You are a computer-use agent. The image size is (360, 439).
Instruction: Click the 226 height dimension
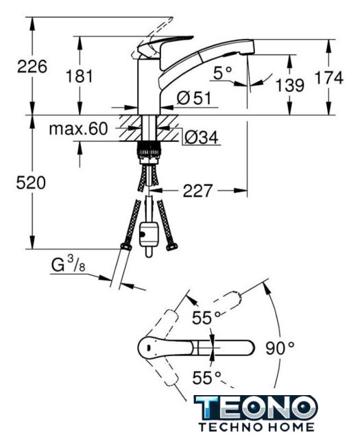click(32, 67)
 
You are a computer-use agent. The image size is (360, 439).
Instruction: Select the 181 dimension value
click(79, 76)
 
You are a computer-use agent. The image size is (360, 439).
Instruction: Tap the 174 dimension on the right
click(329, 78)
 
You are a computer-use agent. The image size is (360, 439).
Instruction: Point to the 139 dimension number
click(290, 85)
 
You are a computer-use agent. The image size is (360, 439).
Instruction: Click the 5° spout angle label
click(223, 73)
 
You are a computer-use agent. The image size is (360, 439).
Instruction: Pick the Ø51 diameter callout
click(194, 98)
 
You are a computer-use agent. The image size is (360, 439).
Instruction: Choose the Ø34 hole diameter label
click(202, 137)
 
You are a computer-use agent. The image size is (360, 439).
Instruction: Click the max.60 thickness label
click(78, 129)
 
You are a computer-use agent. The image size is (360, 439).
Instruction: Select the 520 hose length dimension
click(31, 183)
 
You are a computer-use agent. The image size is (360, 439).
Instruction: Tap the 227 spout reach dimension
click(197, 191)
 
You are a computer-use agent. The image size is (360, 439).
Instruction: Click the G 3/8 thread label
click(69, 265)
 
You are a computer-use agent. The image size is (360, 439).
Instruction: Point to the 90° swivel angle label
click(280, 348)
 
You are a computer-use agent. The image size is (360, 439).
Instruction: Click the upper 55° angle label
click(206, 318)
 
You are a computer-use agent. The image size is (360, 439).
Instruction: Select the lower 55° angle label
click(207, 378)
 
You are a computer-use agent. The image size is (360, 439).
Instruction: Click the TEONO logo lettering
click(256, 407)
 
